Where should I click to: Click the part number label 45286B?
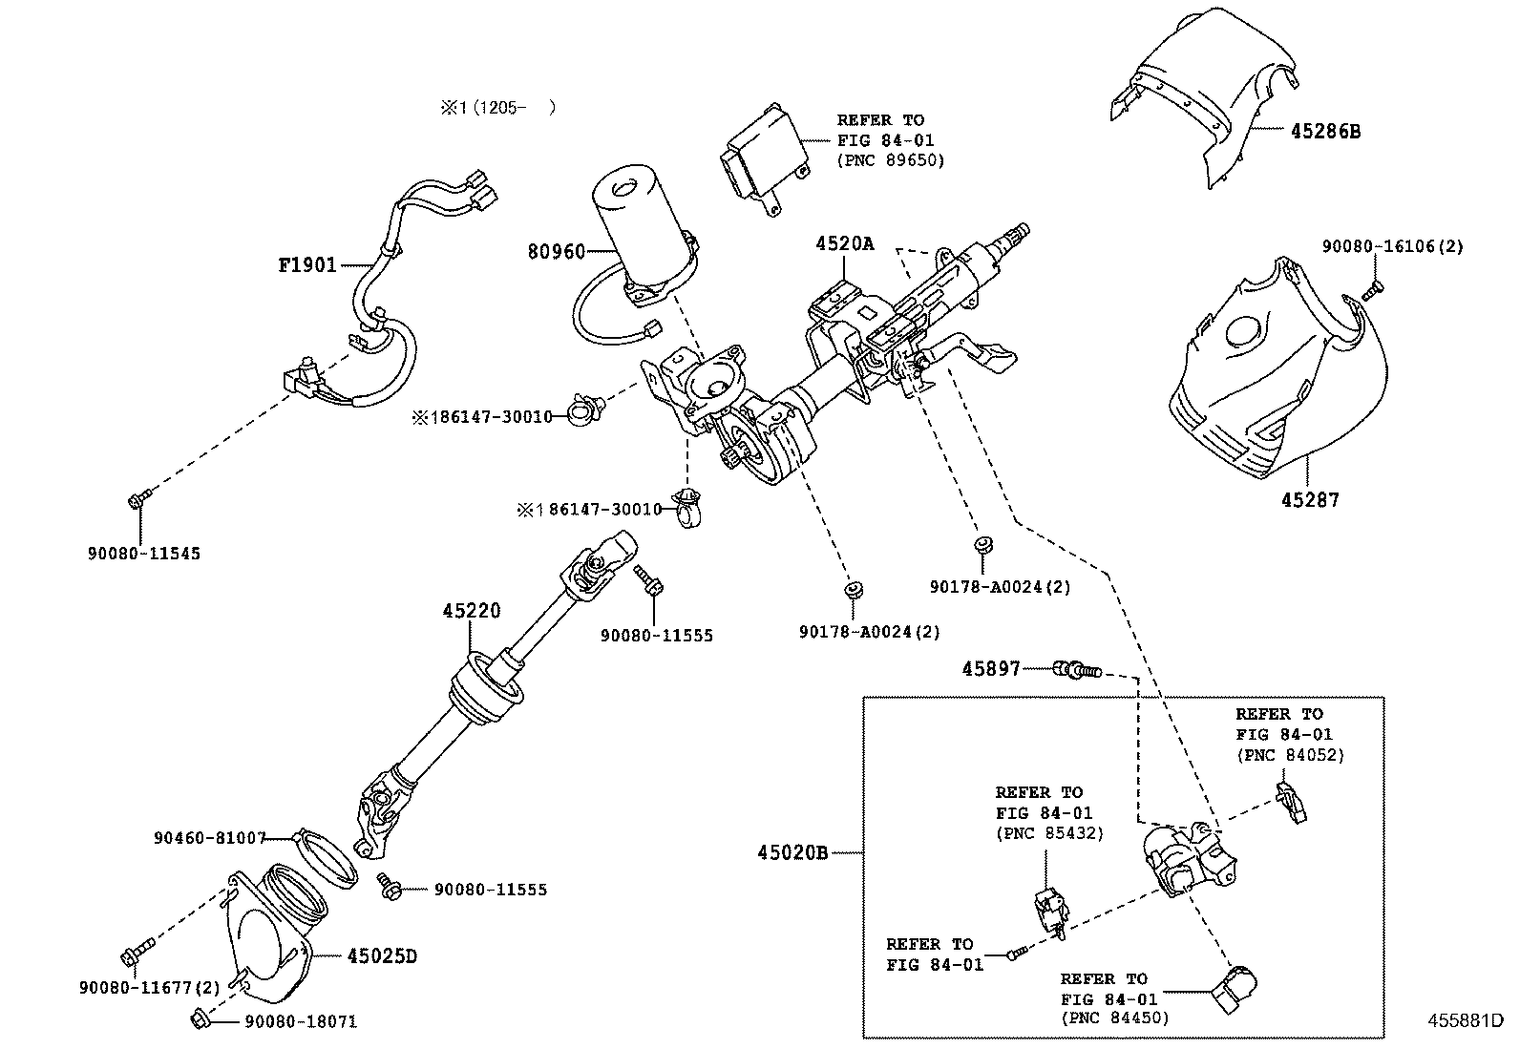(1325, 132)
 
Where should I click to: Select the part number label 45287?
(1310, 499)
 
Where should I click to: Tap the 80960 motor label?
(556, 252)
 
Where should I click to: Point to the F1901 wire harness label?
(307, 264)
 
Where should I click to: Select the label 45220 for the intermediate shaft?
(471, 611)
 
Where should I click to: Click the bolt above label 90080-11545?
(137, 497)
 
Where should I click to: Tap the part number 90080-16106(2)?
(1392, 246)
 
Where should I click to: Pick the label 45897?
(991, 670)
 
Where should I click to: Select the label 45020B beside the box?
(792, 852)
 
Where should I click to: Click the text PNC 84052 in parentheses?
(1290, 755)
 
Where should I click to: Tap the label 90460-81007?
(209, 837)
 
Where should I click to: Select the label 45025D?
(382, 955)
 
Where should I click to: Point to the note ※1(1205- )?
(496, 108)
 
